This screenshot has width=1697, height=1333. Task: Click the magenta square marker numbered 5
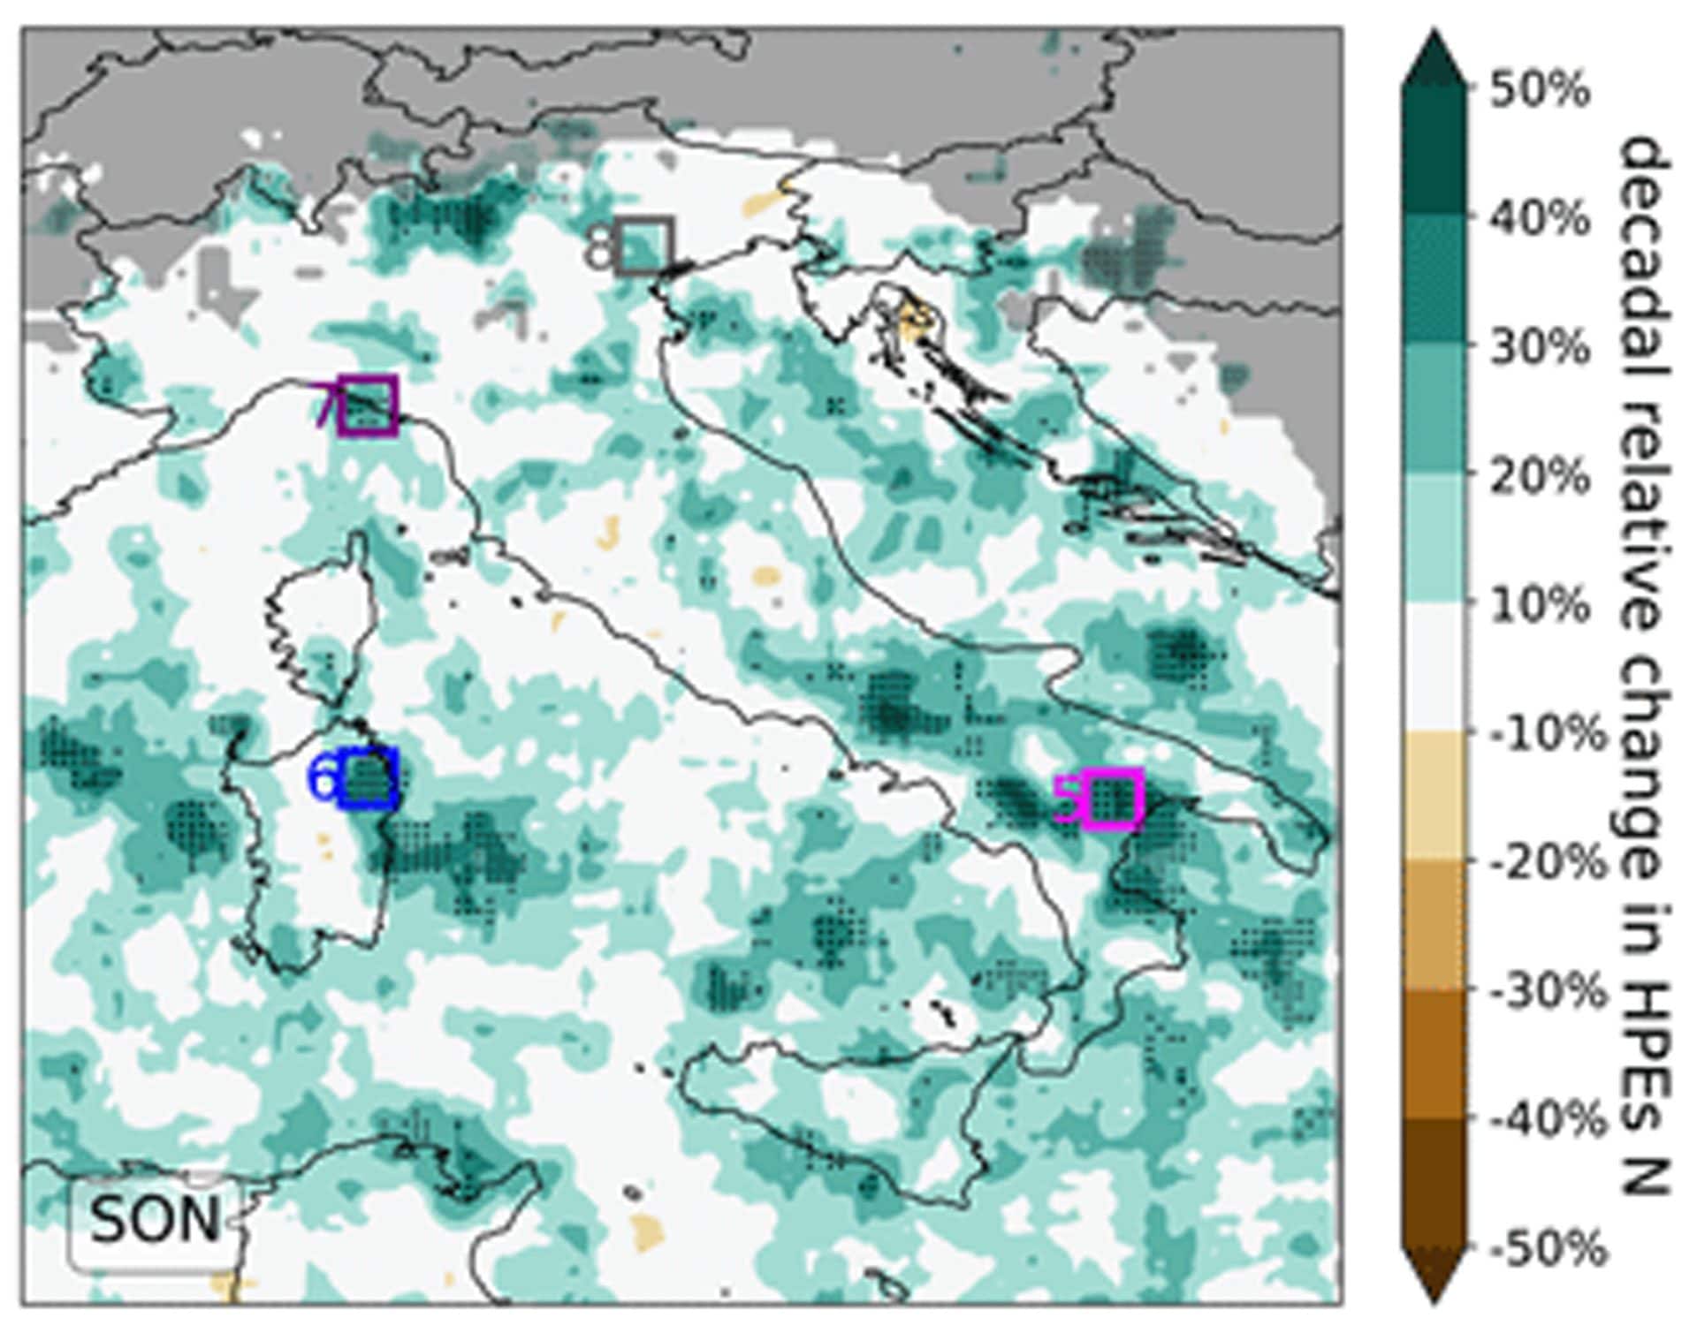click(x=1113, y=799)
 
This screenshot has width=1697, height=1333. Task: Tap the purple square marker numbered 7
click(x=367, y=405)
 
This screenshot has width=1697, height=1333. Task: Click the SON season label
click(x=154, y=1220)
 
